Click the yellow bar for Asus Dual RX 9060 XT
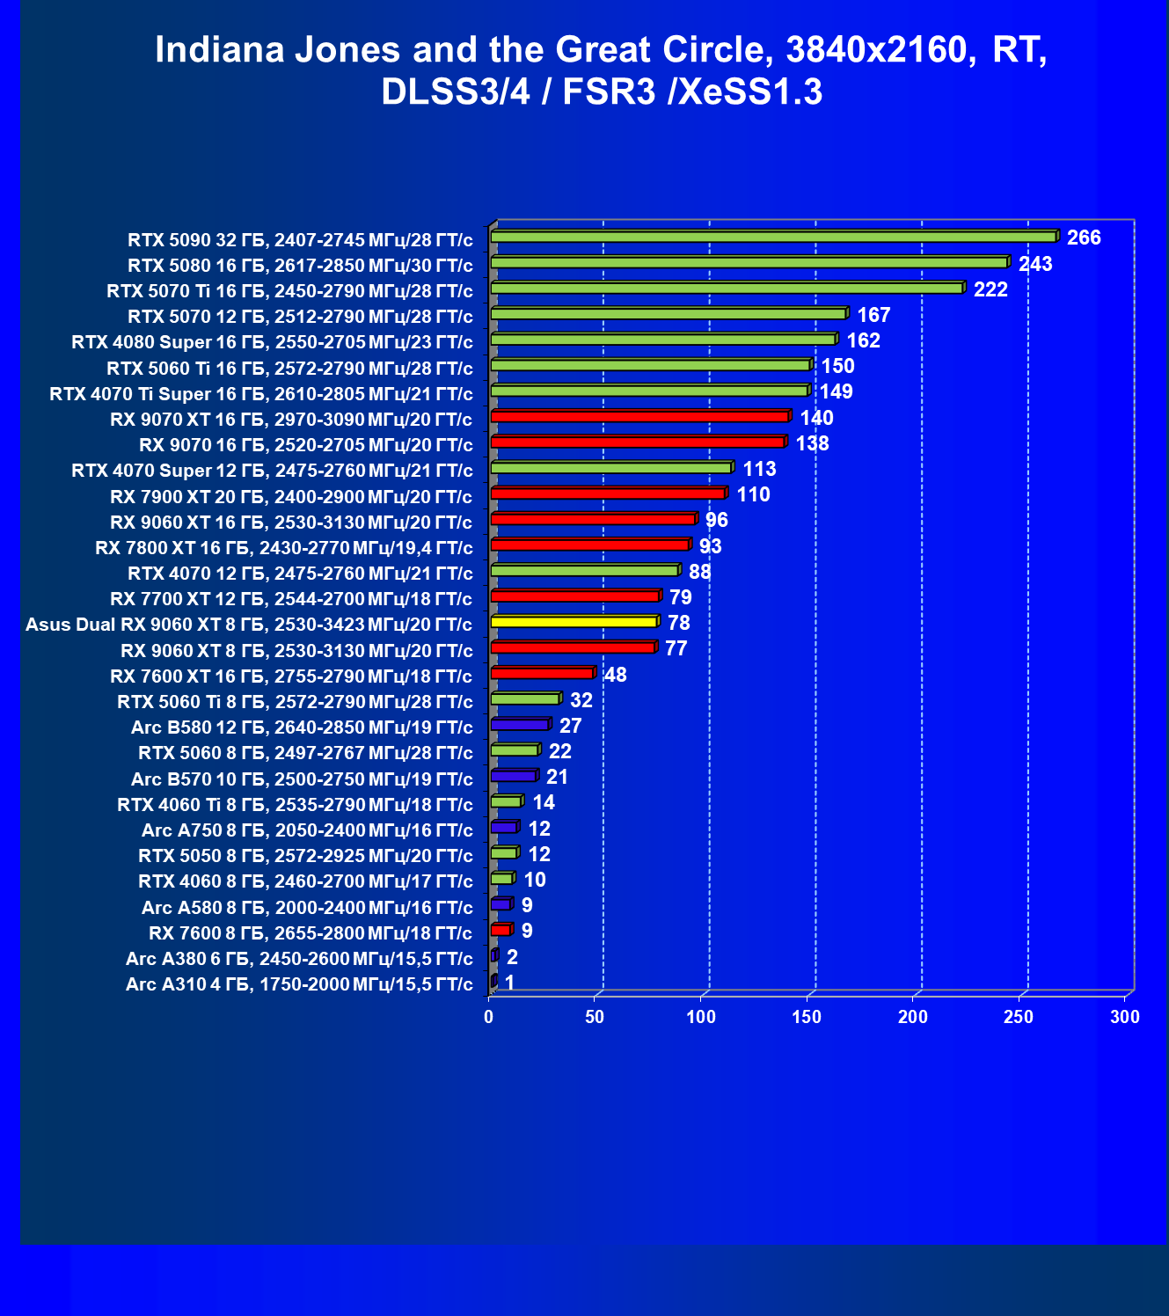[x=574, y=622]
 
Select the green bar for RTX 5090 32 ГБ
[x=775, y=237]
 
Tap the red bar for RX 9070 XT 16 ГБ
[x=641, y=416]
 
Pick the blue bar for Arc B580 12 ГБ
[x=521, y=724]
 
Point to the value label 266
[x=1084, y=238]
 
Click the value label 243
[x=1035, y=264]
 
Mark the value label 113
[x=759, y=469]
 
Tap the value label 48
[x=616, y=675]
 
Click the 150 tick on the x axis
[x=807, y=1017]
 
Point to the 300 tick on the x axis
[x=1125, y=1017]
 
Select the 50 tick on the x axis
[x=595, y=1017]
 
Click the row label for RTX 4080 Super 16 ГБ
[x=272, y=342]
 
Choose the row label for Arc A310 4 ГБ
[x=299, y=984]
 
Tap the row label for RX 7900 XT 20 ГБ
[x=291, y=497]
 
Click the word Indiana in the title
[x=220, y=49]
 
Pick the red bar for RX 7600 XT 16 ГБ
[x=544, y=672]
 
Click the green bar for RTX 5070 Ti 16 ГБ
[x=728, y=288]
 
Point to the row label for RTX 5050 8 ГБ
[x=305, y=856]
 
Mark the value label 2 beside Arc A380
[x=512, y=957]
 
